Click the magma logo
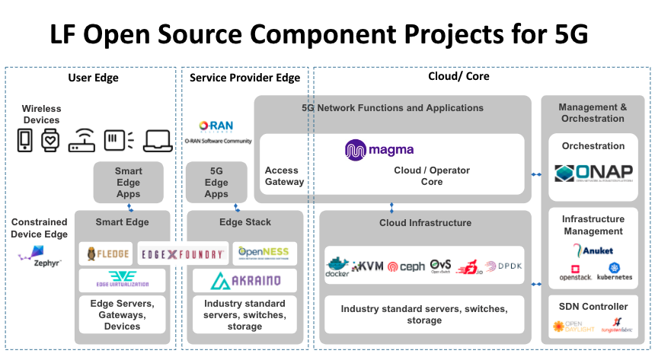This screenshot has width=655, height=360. click(379, 149)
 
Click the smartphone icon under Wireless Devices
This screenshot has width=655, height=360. click(25, 140)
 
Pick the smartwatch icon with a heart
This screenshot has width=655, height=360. click(50, 140)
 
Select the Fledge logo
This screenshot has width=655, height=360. click(107, 253)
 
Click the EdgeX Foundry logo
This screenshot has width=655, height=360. click(183, 254)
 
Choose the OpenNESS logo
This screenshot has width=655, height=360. click(261, 252)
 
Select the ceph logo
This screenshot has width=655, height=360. click(406, 266)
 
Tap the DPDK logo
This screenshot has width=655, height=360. click(503, 266)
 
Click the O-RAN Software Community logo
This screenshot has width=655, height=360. click(218, 132)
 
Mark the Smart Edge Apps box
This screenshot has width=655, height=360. click(129, 182)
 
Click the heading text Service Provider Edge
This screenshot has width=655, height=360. click(244, 78)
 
